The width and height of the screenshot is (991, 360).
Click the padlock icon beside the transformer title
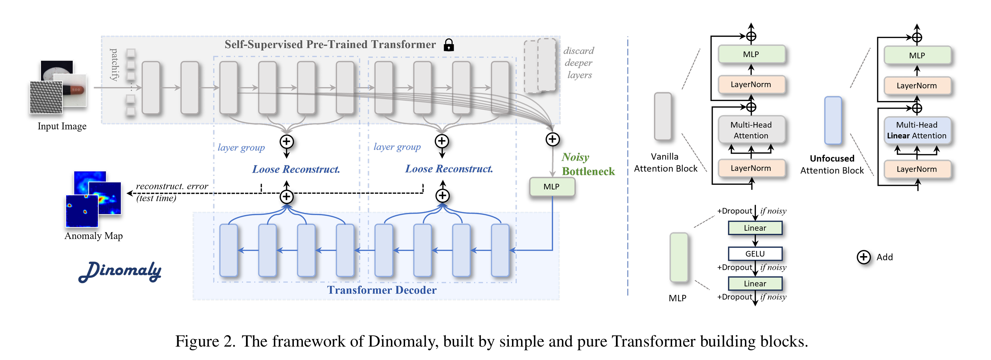[448, 45]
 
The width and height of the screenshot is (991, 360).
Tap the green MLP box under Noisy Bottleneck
[552, 187]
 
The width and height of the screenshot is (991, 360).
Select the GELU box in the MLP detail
[755, 254]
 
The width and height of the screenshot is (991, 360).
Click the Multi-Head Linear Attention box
[917, 130]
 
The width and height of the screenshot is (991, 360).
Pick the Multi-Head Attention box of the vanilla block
[751, 130]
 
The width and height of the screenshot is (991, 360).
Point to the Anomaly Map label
[93, 236]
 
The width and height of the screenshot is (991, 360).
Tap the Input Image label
[62, 126]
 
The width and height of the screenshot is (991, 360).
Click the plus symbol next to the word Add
[863, 257]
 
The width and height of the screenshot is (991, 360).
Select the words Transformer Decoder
[382, 290]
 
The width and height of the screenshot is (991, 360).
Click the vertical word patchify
[114, 64]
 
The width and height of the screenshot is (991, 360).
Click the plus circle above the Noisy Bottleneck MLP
[553, 139]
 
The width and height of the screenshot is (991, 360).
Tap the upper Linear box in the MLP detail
[755, 228]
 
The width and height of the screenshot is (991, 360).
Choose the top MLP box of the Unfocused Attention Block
[917, 55]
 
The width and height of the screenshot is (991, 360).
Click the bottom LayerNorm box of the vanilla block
[751, 168]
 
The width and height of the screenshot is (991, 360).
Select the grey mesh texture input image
[46, 97]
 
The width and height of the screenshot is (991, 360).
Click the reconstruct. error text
[172, 186]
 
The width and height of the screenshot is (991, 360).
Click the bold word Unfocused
[832, 159]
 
